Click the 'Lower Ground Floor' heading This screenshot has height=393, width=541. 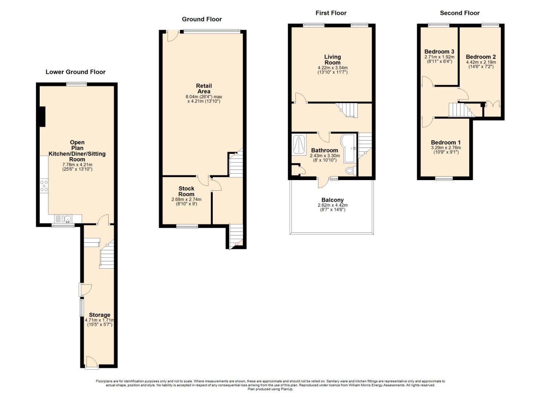pos(76,72)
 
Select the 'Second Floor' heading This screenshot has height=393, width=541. pos(460,13)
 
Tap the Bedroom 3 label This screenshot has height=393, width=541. pos(439,52)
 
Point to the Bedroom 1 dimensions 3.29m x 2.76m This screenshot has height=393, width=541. pos(446,148)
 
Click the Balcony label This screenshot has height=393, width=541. pos(333,200)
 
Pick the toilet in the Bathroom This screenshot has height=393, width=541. pos(351,171)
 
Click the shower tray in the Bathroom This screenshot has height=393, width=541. pos(299,144)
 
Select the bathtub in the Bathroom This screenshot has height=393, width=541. pos(348,148)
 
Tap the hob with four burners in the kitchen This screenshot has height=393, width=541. pos(44,186)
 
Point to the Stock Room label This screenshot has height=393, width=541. pos(187,191)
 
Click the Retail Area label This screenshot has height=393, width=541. pos(204,88)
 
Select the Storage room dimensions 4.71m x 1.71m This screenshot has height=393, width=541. pos(99,320)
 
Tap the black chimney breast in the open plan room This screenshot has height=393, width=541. pos(43,116)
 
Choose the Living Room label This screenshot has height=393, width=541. pos(333,60)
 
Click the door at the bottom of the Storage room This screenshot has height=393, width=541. pos(91,363)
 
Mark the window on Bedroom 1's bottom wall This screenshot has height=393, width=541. pos(444,178)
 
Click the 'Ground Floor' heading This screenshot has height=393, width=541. pos(202,19)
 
